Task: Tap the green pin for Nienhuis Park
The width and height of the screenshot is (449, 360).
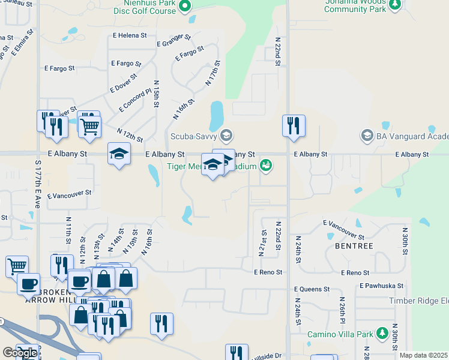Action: pos(185,7)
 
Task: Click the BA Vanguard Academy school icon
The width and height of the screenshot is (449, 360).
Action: pos(366,135)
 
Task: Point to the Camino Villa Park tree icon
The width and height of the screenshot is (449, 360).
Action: pos(382,334)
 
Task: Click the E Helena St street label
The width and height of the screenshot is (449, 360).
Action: pos(129,35)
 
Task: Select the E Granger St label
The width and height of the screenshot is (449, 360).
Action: pos(173,40)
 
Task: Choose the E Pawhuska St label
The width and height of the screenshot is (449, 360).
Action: pos(381,286)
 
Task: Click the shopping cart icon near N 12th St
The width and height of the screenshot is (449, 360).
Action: pos(89,126)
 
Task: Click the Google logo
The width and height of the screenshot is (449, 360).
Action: pos(20,352)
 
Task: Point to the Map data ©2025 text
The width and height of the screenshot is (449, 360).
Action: pos(423,355)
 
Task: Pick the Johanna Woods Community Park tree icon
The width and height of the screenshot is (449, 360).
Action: pos(394,5)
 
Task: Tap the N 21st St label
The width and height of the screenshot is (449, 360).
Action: pos(263,242)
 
